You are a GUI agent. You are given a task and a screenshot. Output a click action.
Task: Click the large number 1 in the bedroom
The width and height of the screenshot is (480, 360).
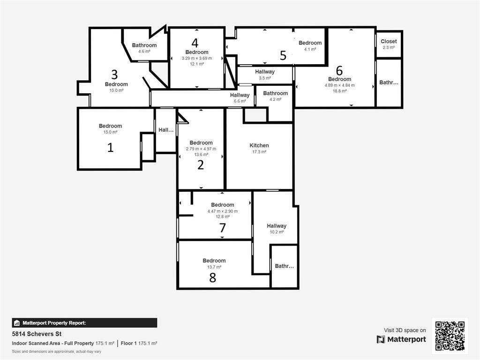click(111, 148)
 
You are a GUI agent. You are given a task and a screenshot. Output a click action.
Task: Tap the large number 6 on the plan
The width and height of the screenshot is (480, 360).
click(339, 70)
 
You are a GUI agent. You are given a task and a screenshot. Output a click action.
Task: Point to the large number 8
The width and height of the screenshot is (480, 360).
click(213, 277)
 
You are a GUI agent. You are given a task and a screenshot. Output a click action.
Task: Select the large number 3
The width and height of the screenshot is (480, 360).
click(114, 74)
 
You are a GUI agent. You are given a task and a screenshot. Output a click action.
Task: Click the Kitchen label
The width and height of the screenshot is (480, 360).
click(259, 145)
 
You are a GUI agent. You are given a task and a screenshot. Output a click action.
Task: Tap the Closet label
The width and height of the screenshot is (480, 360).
click(389, 41)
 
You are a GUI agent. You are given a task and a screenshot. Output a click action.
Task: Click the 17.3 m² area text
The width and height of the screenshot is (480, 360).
click(259, 152)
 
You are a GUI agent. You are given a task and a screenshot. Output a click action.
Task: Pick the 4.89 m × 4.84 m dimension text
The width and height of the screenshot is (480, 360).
click(339, 85)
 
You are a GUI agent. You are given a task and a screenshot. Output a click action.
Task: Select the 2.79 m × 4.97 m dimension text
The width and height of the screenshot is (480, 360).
click(201, 149)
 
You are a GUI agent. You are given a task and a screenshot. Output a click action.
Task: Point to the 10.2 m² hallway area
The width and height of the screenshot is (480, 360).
click(277, 232)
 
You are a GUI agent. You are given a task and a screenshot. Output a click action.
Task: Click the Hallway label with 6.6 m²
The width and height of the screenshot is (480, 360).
click(240, 95)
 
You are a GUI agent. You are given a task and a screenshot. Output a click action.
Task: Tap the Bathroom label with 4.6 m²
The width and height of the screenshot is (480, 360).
click(144, 45)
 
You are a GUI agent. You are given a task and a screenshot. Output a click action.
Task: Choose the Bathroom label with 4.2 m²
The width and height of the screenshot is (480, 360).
click(275, 93)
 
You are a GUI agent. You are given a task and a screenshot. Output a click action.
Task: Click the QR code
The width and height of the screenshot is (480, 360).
click(450, 335)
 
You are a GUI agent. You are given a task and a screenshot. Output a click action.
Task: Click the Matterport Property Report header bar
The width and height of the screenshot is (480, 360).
click(84, 322)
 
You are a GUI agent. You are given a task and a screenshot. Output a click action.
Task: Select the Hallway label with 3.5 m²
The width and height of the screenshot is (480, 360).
click(265, 72)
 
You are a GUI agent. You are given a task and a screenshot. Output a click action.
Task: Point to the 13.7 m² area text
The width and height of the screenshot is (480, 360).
click(214, 267)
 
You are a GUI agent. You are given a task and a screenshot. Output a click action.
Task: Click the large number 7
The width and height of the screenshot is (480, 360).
click(223, 228)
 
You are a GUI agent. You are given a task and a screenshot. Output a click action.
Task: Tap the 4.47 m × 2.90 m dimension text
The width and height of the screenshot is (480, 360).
click(223, 211)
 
